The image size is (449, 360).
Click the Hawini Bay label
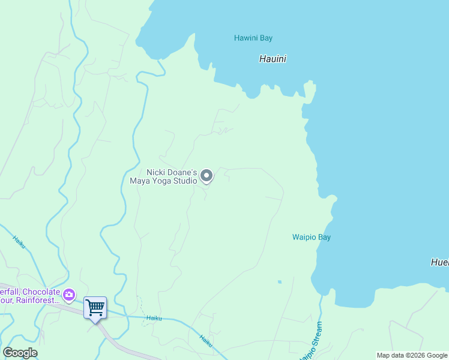click(x=253, y=38)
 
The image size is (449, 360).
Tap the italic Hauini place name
click(x=273, y=59)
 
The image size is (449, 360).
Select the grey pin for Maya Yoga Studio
click(x=206, y=176)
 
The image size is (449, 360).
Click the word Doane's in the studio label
click(x=181, y=172)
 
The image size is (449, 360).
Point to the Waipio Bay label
click(x=311, y=237)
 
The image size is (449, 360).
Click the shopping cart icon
click(x=95, y=308)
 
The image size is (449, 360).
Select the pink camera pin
click(x=69, y=294)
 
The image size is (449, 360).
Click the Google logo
click(x=20, y=353)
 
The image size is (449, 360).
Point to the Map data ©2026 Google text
click(x=412, y=355)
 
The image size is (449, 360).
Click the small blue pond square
click(x=279, y=281)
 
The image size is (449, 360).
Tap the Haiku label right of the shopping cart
click(x=154, y=319)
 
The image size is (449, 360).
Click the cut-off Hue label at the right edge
click(x=439, y=262)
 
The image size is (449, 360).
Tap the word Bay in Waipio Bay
click(x=324, y=237)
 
